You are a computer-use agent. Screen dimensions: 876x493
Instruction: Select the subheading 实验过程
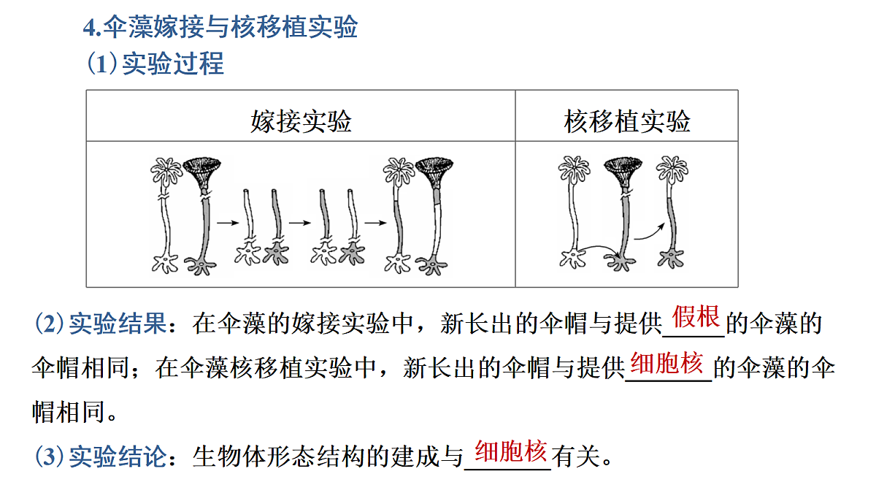pos(173,63)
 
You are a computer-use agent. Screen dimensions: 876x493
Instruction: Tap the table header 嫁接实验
pos(301,121)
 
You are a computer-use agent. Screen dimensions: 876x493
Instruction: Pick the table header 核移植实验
pos(627,121)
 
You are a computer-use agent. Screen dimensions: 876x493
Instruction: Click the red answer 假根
pos(696,316)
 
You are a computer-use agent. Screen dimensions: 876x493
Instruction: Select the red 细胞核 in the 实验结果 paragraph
pos(666,363)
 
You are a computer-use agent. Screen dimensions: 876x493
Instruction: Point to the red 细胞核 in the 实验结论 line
pos(511,451)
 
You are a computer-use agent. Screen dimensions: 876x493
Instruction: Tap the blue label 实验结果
pos(118,324)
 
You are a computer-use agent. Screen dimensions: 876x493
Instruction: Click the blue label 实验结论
pos(118,456)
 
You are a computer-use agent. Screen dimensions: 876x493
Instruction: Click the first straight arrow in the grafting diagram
pos(228,223)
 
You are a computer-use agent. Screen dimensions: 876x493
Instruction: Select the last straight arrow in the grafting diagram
pos(375,223)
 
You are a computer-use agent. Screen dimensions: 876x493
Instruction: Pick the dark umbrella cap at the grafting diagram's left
pos(201,173)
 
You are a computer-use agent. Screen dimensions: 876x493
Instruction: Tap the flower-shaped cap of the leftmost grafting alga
pos(166,171)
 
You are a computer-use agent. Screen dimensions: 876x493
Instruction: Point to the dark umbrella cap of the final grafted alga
pos(434,172)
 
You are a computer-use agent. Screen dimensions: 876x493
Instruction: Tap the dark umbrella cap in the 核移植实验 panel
pos(623,172)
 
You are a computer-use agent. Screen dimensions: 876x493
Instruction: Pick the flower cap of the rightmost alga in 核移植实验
pos(672,169)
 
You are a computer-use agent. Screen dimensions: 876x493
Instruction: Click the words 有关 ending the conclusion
pos(576,456)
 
